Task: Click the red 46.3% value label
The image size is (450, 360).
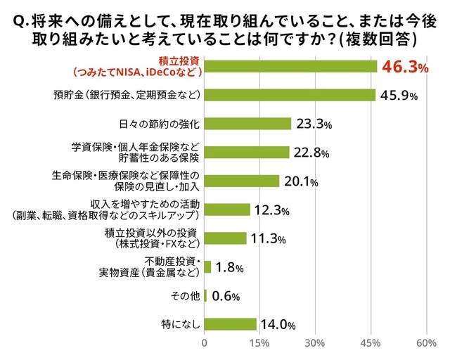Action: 404,67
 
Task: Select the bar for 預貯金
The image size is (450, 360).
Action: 290,94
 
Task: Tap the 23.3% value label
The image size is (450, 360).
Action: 314,124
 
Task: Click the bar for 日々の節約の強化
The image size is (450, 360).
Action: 247,124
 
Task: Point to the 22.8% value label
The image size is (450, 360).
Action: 312,153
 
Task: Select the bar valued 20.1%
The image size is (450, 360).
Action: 242,181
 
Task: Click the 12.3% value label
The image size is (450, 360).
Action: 273,210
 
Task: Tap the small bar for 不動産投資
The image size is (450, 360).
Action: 207,267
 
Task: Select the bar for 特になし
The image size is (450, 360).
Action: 230,324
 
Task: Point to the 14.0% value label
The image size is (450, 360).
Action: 277,325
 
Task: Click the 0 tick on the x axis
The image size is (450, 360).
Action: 205,343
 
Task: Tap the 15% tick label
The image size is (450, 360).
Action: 259,343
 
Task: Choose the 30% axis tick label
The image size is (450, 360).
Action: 315,343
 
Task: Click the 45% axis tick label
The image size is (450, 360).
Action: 371,343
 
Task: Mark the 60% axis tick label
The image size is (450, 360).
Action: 426,343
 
